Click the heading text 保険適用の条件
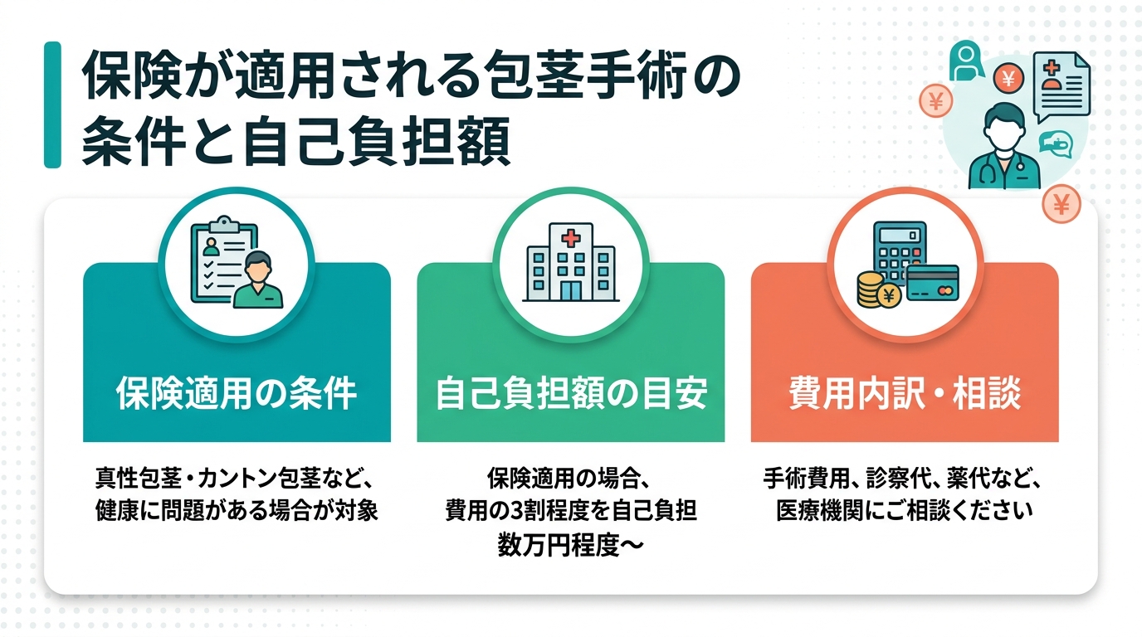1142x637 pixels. click(x=237, y=394)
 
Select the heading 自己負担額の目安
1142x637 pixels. click(x=570, y=394)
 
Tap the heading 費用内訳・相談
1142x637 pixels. click(x=904, y=394)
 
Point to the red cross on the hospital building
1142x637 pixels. click(x=571, y=239)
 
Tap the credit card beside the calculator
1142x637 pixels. click(x=933, y=284)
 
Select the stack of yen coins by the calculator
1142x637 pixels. click(x=871, y=290)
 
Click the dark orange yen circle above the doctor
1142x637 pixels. click(x=1008, y=80)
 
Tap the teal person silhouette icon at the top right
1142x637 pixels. click(x=966, y=61)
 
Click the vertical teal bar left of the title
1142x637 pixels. click(x=52, y=105)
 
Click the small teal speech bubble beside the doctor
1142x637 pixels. click(x=1056, y=143)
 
